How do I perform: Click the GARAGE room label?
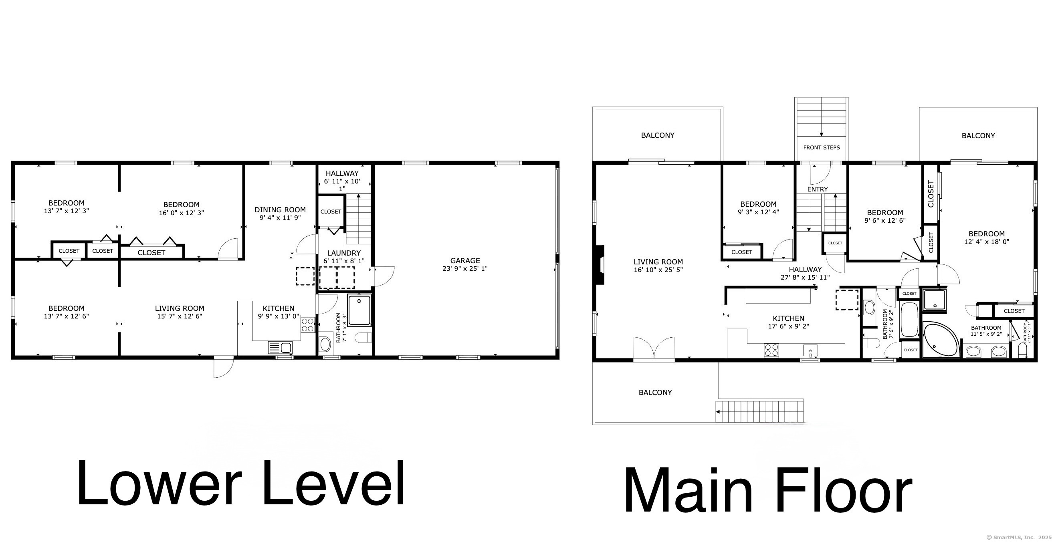[x=465, y=260]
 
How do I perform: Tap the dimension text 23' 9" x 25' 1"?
[x=465, y=269]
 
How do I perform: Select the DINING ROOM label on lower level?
[x=280, y=210]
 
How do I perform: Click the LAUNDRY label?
[x=344, y=253]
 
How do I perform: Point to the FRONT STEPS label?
[x=821, y=147]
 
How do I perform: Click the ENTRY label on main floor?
[x=817, y=189]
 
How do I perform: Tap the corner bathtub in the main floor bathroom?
[x=939, y=340]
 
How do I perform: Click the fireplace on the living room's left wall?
[x=600, y=265]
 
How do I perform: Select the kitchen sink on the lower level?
[x=280, y=348]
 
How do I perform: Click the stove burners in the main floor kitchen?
[x=771, y=351]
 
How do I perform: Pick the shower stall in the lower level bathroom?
[x=359, y=310]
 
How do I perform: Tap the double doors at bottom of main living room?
[x=653, y=349]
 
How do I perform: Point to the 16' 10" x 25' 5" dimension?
[x=658, y=270]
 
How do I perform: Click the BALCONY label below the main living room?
[x=655, y=393]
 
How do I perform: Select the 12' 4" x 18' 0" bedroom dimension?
[x=986, y=242]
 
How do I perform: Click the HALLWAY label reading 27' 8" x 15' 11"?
[x=805, y=270]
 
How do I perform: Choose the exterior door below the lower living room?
[x=223, y=367]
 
